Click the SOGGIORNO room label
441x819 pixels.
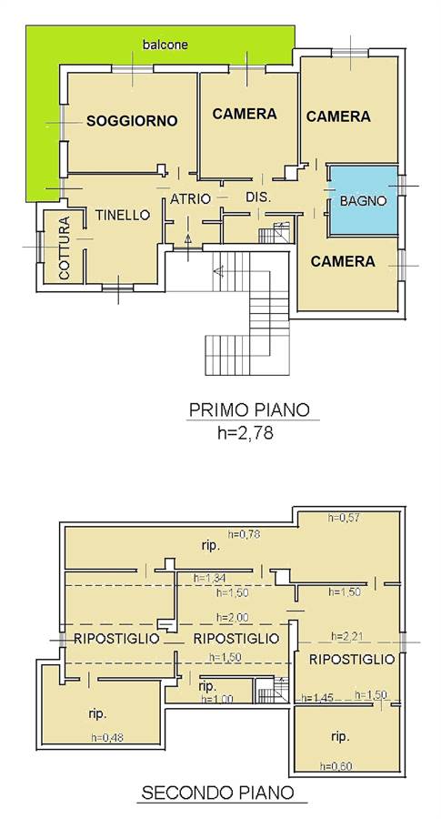132,121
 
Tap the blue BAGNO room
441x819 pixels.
363,200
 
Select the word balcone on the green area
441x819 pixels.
165,45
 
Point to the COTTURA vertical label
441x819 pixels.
65,248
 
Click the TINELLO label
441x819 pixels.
123,215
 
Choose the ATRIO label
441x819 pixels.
190,198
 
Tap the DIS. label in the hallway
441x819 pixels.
259,197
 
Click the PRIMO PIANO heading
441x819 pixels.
249,409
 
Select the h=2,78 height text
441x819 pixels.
246,433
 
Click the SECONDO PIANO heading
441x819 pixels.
217,793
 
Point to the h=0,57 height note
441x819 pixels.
344,518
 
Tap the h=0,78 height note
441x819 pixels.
244,534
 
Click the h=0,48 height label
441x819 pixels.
107,737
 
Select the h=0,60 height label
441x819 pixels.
336,766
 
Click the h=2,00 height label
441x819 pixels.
232,617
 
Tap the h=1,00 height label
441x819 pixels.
216,699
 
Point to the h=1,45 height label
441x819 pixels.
317,698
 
